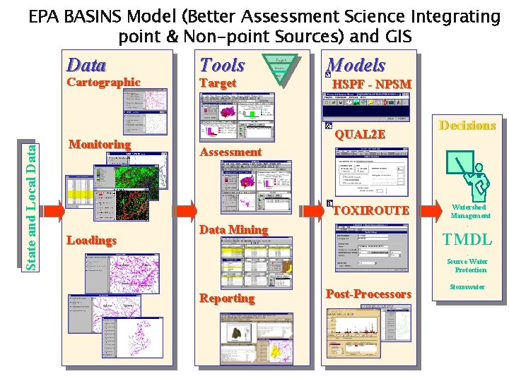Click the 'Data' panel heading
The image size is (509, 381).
(x=86, y=66)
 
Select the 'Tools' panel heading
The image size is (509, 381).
(x=221, y=66)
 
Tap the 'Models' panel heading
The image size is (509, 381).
(x=356, y=66)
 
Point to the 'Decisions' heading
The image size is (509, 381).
(x=467, y=126)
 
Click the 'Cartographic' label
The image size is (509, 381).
(x=103, y=83)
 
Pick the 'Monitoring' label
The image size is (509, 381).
(x=100, y=145)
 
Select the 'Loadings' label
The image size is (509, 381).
(x=91, y=241)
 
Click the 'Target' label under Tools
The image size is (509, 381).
(x=218, y=83)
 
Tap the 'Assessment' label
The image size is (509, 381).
(x=230, y=152)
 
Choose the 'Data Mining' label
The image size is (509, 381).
(x=233, y=229)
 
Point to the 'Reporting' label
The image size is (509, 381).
(x=227, y=298)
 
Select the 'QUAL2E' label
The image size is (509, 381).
(x=360, y=134)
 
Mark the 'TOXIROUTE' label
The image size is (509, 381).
(x=370, y=210)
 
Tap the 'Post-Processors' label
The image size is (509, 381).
(x=368, y=294)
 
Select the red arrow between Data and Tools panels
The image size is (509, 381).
(x=185, y=211)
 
